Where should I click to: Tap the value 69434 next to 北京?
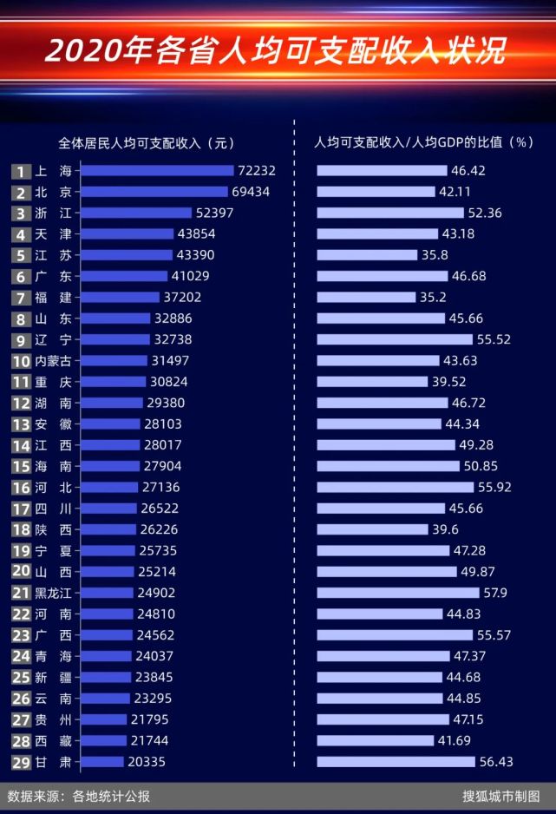point(252,192)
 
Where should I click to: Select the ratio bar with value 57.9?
point(397,593)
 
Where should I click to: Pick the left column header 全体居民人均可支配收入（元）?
point(146,142)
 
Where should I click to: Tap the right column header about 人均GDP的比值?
point(423,142)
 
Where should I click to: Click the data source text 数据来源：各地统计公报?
point(79,795)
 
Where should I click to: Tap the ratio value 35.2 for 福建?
point(435,298)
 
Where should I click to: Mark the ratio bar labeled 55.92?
point(395,488)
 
